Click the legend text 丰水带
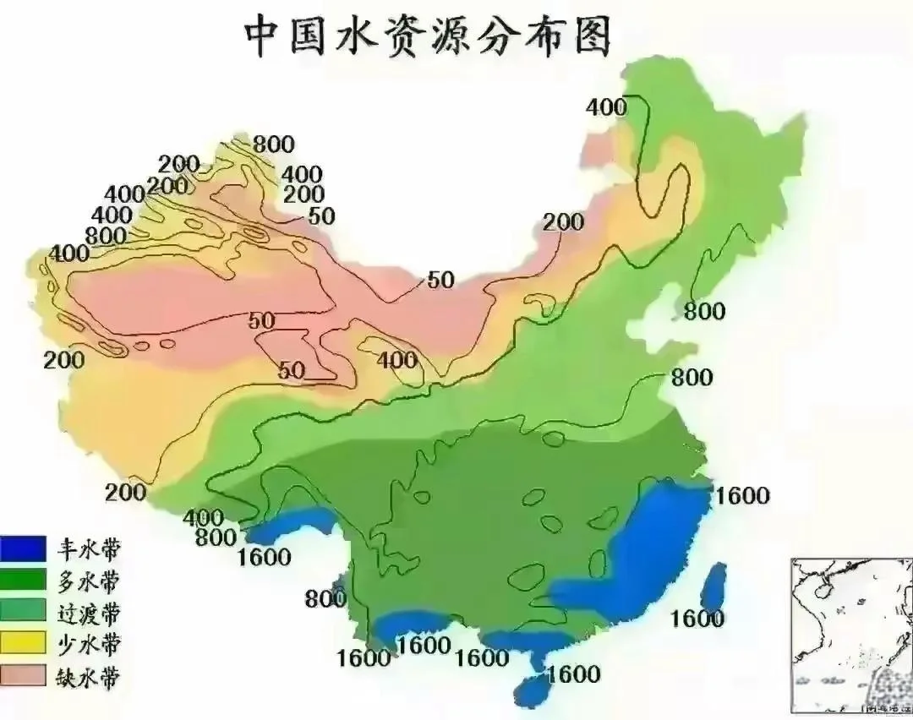89,550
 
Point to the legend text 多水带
89,581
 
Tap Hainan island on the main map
535,690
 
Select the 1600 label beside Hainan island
574,674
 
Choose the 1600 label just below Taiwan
697,619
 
